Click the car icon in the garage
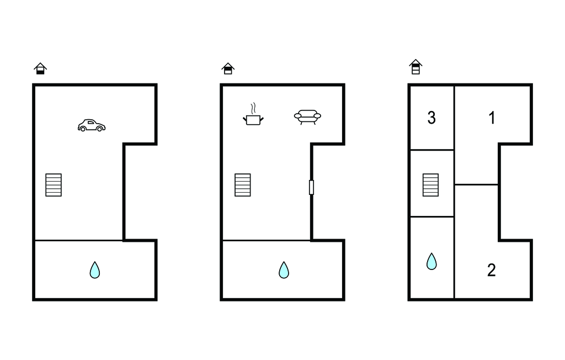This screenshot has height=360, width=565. (92, 125)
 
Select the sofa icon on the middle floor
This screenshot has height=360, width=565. (307, 117)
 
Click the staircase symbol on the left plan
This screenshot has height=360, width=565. (54, 185)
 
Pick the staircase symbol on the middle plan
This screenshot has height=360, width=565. (243, 185)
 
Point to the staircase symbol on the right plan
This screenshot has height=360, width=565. (430, 185)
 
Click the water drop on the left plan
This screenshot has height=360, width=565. (95, 270)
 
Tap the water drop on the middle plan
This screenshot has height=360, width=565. (284, 270)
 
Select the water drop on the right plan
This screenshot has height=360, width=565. (431, 262)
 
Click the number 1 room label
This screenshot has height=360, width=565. (492, 118)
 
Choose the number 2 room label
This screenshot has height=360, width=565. (492, 270)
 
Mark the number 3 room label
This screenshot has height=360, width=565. (431, 118)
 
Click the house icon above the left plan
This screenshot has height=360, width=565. (40, 68)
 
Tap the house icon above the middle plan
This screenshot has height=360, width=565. (228, 68)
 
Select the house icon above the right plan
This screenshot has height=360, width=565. (415, 67)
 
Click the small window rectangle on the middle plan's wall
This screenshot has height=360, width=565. (311, 187)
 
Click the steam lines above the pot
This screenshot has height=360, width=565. (253, 108)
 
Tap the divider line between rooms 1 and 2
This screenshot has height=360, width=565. (476, 184)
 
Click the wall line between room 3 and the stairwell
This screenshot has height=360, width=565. (432, 150)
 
